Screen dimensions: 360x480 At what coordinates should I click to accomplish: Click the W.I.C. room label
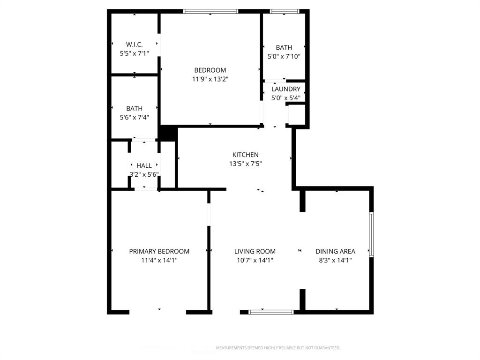point(134,45)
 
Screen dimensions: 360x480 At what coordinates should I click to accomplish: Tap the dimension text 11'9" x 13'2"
point(210,79)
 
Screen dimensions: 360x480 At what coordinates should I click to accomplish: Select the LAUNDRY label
point(285,89)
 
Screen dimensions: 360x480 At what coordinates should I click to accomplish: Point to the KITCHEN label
point(245,155)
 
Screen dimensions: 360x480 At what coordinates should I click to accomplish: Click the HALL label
point(144,165)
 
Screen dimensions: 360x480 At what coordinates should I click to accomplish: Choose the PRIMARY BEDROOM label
point(159,251)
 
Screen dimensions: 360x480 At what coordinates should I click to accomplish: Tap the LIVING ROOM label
point(255,251)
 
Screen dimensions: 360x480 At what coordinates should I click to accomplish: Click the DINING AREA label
point(335,251)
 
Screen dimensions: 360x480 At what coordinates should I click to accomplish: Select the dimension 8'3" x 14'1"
point(335,260)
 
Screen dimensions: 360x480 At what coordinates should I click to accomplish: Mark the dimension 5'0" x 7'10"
point(284,56)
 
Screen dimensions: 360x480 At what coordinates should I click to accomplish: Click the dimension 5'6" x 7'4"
point(134,117)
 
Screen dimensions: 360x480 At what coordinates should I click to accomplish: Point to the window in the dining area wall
point(371,234)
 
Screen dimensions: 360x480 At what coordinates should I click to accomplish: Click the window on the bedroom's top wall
point(210,11)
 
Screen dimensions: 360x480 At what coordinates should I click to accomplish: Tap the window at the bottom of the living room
point(271,312)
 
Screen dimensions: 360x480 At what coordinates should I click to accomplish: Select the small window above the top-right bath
point(285,11)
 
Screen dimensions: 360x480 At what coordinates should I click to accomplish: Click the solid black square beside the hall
point(167,134)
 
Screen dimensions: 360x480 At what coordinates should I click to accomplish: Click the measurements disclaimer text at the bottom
point(277,348)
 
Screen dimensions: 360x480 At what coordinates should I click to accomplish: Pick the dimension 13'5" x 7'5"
point(245,164)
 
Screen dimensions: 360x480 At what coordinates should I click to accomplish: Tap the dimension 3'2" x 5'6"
point(144,174)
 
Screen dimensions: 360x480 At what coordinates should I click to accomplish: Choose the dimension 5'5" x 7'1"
point(134,53)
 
